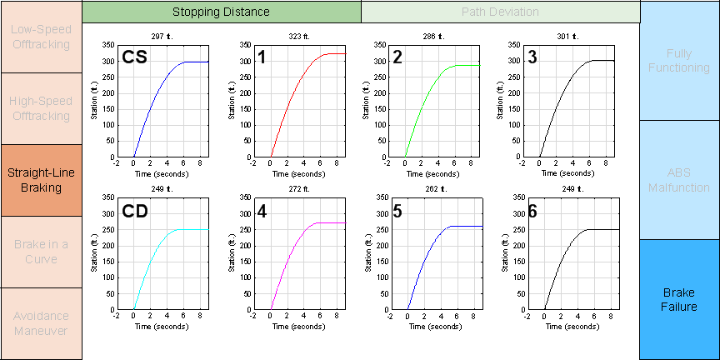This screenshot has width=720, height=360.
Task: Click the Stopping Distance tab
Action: pos(221,12)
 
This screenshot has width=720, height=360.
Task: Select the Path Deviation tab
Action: pos(500,12)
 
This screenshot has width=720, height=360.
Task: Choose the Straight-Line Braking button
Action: pos(41,180)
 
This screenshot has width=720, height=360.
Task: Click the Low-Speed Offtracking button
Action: pos(41,37)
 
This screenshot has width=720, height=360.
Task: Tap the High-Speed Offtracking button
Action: pos(41,108)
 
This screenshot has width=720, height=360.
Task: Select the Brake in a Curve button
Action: pos(41,252)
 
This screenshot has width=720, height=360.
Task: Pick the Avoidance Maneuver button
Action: pos(41,323)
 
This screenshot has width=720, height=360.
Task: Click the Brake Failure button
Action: pos(679,300)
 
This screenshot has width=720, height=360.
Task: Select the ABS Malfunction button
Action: pos(679,180)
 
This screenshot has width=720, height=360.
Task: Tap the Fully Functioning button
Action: pos(679,60)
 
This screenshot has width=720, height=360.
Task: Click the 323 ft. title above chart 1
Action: pos(297,37)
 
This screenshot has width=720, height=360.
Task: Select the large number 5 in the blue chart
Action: pos(397,212)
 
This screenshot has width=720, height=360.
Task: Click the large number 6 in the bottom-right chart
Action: pos(532,212)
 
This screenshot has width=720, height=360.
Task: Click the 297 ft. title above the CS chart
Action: pos(162,37)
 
